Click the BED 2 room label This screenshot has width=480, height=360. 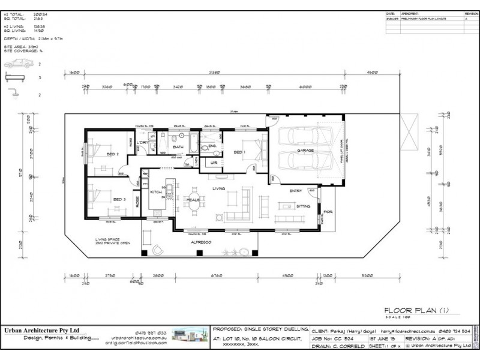click(112, 154)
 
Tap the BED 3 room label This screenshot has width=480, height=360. click(119, 199)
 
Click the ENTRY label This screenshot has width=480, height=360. click(296, 190)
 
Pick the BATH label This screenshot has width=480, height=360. click(178, 146)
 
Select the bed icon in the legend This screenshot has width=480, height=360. click(14, 78)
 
